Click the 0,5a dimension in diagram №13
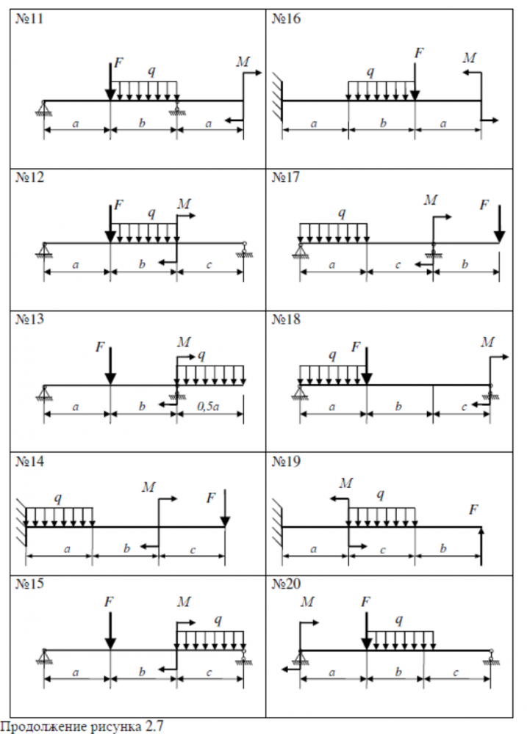(209, 405)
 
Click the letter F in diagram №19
(474, 509)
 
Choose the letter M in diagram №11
(243, 62)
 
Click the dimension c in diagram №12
(209, 264)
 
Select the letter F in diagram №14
(211, 498)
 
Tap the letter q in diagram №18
(332, 355)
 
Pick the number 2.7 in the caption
(154, 727)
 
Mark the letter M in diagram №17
(431, 200)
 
